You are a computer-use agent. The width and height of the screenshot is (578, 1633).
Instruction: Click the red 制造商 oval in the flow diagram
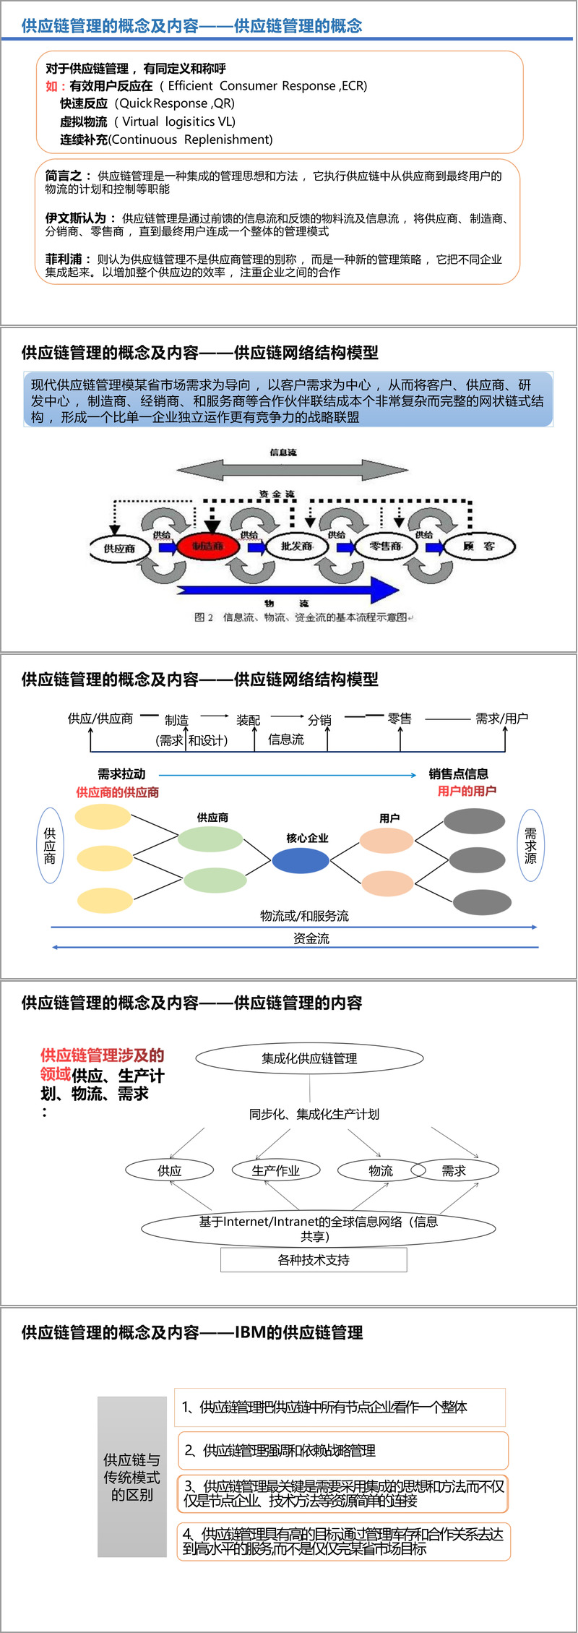click(x=208, y=546)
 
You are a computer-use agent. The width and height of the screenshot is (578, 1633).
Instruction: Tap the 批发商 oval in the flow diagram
click(x=297, y=546)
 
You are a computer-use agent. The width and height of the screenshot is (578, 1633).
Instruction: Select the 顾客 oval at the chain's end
click(x=478, y=546)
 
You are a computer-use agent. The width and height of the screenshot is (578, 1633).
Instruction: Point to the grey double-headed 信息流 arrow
click(x=292, y=469)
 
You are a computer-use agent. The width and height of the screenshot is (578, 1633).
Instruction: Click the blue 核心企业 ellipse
click(x=301, y=860)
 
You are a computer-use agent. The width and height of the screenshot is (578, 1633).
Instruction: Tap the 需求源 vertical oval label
click(x=530, y=845)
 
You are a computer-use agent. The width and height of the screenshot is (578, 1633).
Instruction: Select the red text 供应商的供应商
click(x=118, y=792)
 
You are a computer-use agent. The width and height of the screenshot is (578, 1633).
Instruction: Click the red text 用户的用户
click(x=467, y=791)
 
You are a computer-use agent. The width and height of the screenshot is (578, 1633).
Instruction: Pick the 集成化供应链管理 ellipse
click(x=309, y=1058)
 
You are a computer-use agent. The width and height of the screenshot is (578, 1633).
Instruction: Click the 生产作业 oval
click(x=275, y=1170)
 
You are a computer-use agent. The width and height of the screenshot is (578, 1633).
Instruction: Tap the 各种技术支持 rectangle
click(x=314, y=1259)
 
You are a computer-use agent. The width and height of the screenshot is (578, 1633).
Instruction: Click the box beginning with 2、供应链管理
click(x=342, y=1450)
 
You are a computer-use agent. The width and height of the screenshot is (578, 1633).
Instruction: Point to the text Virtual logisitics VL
click(x=178, y=121)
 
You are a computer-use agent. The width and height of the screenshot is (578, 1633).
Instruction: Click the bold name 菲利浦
click(x=64, y=259)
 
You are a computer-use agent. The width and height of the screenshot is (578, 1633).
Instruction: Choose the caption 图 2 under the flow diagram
click(x=204, y=617)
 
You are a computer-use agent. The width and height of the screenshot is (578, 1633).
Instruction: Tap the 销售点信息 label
click(x=458, y=773)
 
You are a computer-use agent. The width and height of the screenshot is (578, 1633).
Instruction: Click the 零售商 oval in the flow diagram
click(x=385, y=546)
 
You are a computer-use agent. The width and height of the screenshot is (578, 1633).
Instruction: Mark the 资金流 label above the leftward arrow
click(x=311, y=938)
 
